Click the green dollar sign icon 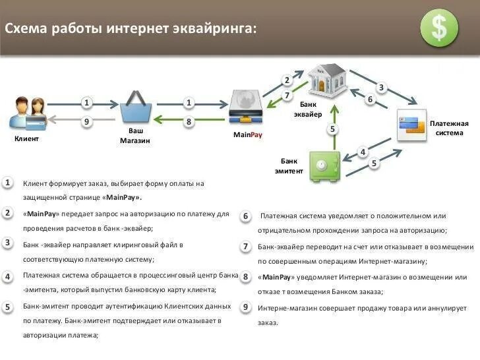438,28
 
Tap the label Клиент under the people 26,139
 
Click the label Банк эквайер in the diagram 308,109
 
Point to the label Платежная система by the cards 449,128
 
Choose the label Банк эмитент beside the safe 289,165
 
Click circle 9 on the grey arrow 86,121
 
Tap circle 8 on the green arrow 189,121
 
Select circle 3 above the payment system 381,87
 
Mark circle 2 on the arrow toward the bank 287,80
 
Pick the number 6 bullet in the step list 245,216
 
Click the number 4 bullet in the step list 7,276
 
